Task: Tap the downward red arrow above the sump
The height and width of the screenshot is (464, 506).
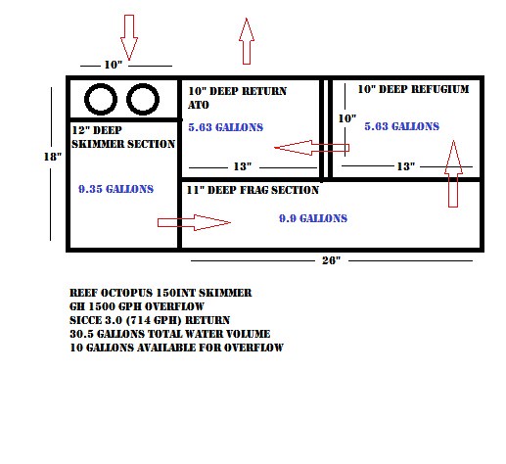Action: coord(129,37)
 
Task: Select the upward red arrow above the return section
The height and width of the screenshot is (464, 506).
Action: coord(247,41)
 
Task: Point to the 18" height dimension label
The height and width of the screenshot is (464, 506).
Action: coord(53,157)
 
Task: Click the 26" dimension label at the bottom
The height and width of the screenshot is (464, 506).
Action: coord(331,260)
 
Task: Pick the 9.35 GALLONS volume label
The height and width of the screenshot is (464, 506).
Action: coord(115,189)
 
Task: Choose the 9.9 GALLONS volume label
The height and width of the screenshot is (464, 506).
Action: coord(313,218)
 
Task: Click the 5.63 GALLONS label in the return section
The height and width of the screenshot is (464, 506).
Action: coord(226,127)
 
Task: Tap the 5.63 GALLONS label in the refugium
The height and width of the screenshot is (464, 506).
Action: coord(402,126)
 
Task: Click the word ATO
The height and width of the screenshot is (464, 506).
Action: coord(199,105)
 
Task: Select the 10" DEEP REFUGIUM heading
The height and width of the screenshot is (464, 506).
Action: coord(413,89)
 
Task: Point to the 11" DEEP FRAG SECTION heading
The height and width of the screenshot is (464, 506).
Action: coord(253,190)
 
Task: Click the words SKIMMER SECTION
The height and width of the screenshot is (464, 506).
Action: coord(123,144)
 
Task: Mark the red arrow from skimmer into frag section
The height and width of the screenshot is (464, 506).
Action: coord(195,222)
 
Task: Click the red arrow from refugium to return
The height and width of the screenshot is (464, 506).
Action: coord(312,148)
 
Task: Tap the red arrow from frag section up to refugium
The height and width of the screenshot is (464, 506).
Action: coord(453,173)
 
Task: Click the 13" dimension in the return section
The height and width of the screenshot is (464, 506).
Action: coord(243,166)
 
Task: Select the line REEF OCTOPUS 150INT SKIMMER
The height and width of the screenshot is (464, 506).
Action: coord(161,293)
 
